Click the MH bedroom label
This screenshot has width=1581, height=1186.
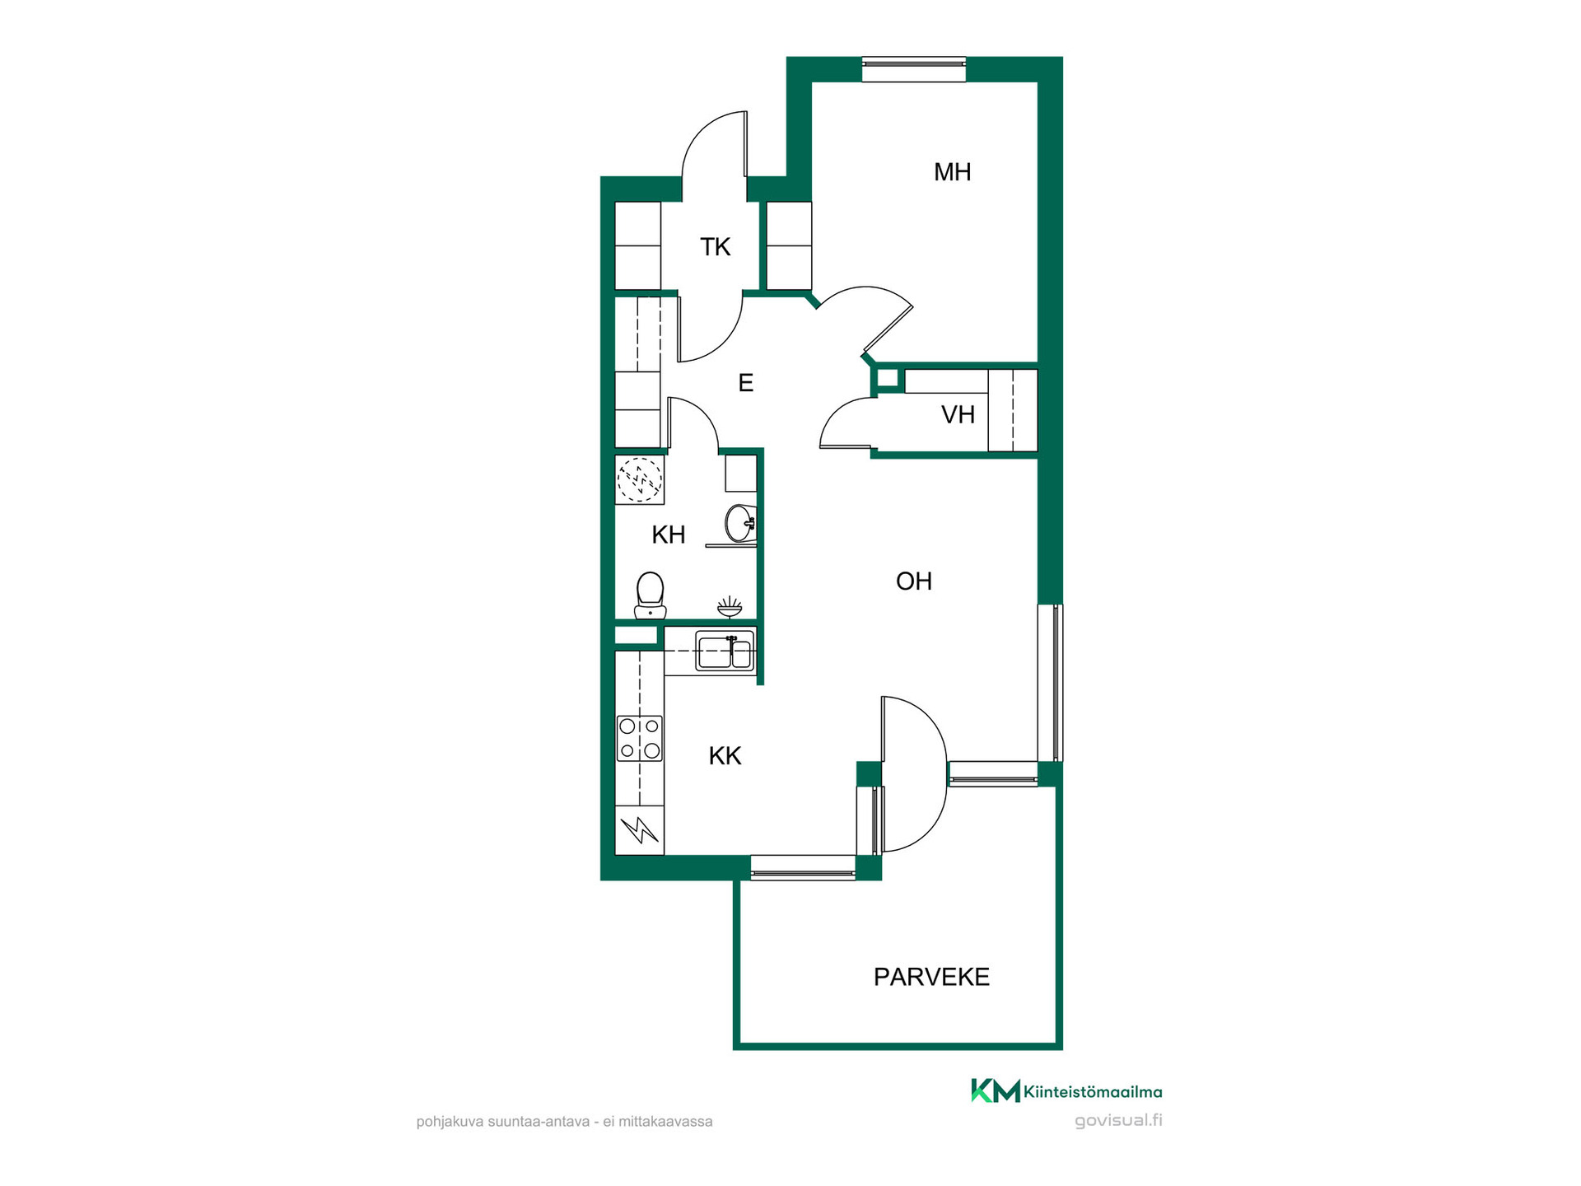coord(952,172)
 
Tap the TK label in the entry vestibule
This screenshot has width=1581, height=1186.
coord(716,247)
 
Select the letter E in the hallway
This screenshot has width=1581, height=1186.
coord(746,383)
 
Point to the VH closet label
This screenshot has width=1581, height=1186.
coord(958,414)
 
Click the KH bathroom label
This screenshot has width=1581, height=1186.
coord(669,535)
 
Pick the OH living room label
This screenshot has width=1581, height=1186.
coord(914,581)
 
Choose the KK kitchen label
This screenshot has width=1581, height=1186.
coord(725,756)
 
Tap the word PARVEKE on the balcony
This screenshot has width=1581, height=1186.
coord(931,977)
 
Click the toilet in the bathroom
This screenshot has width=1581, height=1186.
coord(651,595)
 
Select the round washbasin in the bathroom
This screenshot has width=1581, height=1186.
coord(740,522)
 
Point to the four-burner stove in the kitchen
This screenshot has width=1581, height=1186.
coord(640,739)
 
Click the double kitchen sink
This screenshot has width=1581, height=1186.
coord(725,651)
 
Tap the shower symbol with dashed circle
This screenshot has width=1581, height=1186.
coord(640,479)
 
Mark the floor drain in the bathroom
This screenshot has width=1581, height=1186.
coord(730,608)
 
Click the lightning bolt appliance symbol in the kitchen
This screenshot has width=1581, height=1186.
coord(640,830)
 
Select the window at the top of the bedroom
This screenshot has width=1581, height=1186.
coord(914,69)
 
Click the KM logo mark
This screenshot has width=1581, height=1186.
coord(996,1090)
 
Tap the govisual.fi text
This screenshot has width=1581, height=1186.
coord(1118,1120)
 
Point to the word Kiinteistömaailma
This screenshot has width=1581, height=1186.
coord(1093,1092)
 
